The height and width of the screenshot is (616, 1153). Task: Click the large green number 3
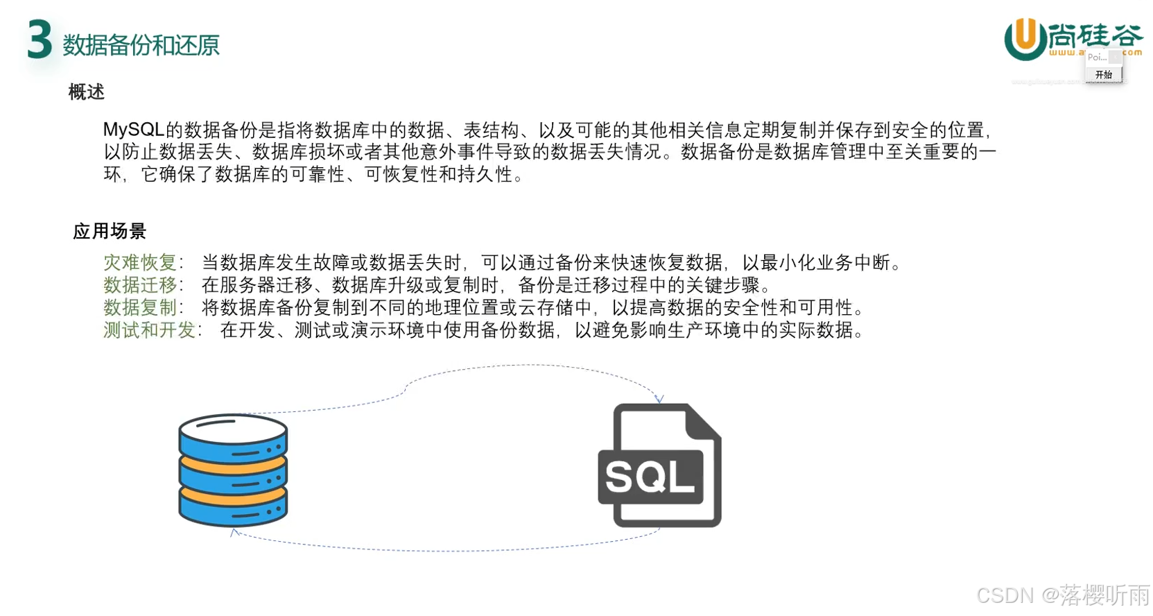[40, 40]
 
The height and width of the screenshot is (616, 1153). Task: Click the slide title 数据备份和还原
[141, 46]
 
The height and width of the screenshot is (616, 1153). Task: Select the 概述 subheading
[87, 92]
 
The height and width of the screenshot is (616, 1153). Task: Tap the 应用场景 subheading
[110, 231]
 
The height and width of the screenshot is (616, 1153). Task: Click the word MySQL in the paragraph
[133, 130]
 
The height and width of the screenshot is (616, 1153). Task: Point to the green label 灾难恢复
[140, 262]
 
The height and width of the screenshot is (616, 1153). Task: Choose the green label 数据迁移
[140, 285]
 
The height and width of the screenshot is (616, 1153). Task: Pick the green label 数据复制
[140, 307]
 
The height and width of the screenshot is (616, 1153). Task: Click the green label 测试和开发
[149, 330]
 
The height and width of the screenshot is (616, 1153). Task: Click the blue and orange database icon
[233, 470]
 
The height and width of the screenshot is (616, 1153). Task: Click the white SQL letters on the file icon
[650, 477]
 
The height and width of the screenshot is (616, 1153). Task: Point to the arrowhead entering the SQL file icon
[659, 399]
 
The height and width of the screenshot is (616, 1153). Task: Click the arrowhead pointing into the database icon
[234, 532]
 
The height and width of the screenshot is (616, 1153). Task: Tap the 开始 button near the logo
[1103, 75]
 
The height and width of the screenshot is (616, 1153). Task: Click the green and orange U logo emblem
[1025, 39]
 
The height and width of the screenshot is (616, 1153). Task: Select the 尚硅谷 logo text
[1095, 35]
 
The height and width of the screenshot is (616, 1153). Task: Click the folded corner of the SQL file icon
[704, 420]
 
